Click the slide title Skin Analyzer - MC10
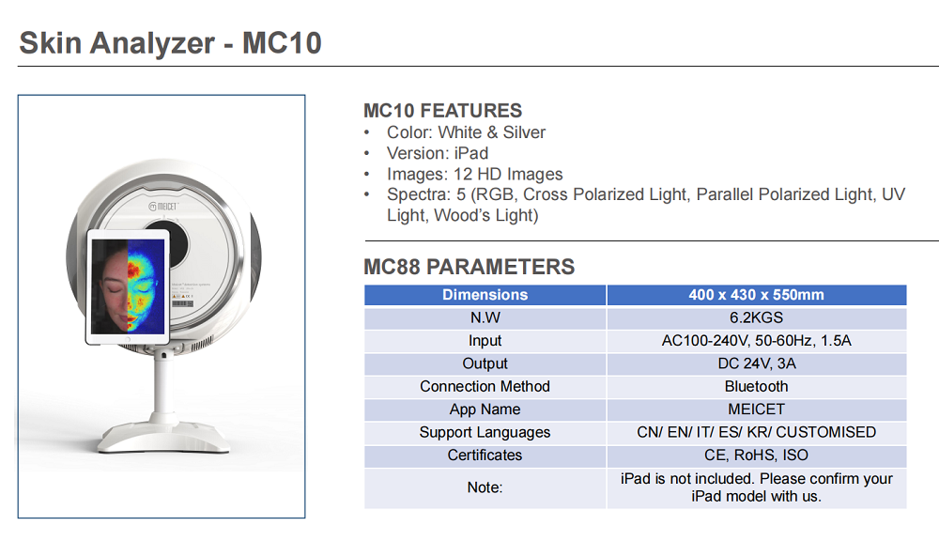(171, 43)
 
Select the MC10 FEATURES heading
(442, 111)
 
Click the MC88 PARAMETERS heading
(469, 267)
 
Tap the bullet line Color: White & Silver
(466, 132)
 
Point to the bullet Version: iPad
(438, 153)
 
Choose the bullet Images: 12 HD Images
(474, 175)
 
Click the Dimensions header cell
(485, 295)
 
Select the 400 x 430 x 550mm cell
(756, 295)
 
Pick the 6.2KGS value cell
(756, 317)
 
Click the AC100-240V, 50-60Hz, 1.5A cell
(756, 341)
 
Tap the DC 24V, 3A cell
(756, 363)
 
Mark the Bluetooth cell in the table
(756, 386)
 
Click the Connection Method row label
(485, 386)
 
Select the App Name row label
(485, 410)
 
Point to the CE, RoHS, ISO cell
(756, 456)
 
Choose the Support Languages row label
(485, 433)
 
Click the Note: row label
(485, 487)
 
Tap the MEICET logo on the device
(163, 207)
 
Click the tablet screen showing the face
(128, 286)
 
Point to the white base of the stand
(163, 437)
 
